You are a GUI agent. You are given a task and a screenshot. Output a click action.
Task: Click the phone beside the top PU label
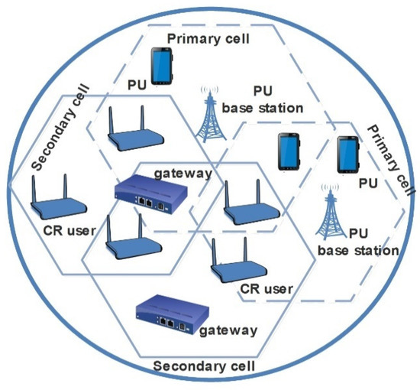pos(161,66)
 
